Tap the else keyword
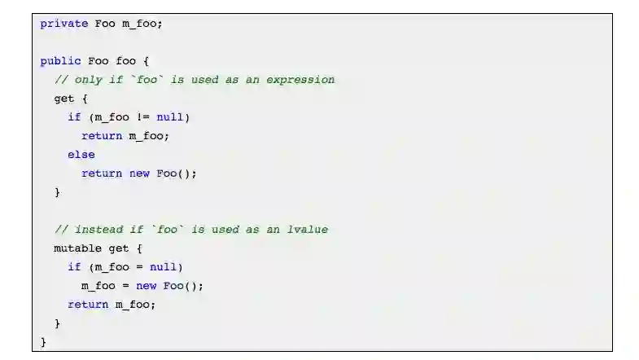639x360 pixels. (x=81, y=155)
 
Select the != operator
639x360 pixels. (x=143, y=117)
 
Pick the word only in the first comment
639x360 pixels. (x=89, y=80)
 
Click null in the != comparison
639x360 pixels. (x=170, y=117)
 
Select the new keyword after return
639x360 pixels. (x=139, y=173)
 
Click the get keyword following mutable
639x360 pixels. (x=119, y=248)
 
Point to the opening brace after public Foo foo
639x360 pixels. (x=146, y=61)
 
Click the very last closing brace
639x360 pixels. (x=44, y=342)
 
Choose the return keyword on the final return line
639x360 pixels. (x=88, y=305)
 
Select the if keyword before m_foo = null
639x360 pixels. (x=75, y=267)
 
